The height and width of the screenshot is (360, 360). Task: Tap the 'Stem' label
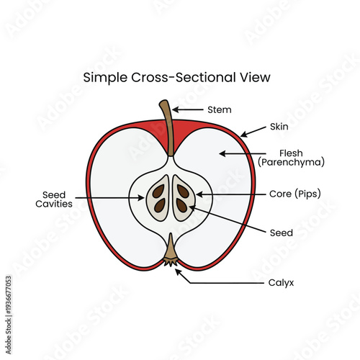coord(219,109)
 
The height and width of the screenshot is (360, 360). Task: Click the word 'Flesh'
coord(292,153)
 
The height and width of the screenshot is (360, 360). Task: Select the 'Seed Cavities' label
coord(55,199)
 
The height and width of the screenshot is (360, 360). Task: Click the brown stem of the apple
coord(168,126)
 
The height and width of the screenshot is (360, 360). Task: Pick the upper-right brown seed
coord(183,192)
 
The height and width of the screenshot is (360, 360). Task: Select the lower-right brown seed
coord(181,206)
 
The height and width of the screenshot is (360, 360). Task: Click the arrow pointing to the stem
coord(188,109)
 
